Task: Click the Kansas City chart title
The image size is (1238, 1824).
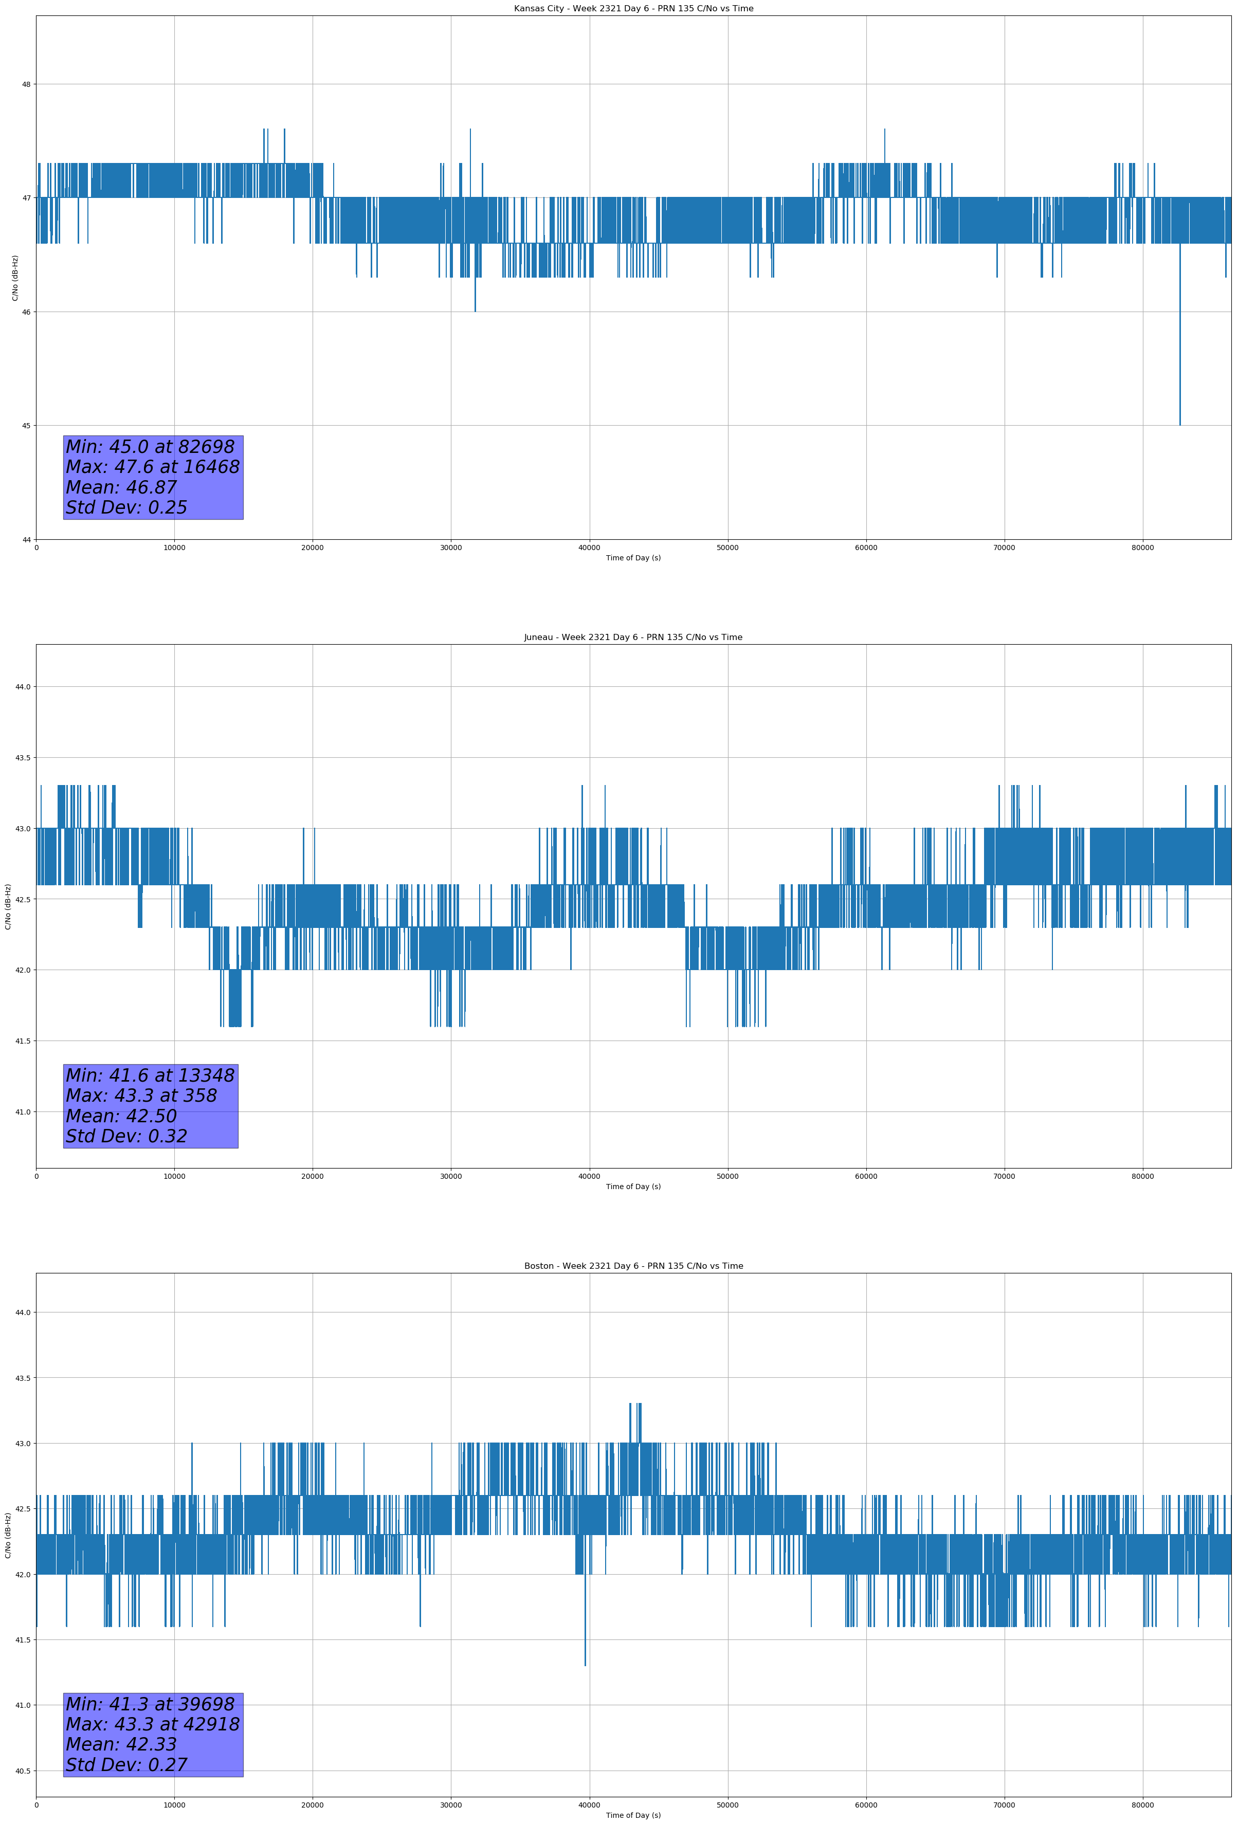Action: pyautogui.click(x=633, y=9)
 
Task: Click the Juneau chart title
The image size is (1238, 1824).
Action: pyautogui.click(x=633, y=637)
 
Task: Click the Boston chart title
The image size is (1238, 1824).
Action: pyautogui.click(x=633, y=1266)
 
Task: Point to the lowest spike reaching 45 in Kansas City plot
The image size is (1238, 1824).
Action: pyautogui.click(x=1179, y=422)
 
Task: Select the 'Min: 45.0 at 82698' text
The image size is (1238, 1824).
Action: pyautogui.click(x=150, y=447)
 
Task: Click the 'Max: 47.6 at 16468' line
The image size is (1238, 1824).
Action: pyautogui.click(x=152, y=467)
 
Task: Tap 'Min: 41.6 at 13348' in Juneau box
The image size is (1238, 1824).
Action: pyautogui.click(x=150, y=1075)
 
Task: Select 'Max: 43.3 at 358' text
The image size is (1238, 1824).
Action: pyautogui.click(x=141, y=1096)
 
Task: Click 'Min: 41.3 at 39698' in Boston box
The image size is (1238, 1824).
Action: pyautogui.click(x=150, y=1704)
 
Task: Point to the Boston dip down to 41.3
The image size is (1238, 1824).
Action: pyautogui.click(x=585, y=1663)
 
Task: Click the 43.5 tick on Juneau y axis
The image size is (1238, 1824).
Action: pyautogui.click(x=22, y=757)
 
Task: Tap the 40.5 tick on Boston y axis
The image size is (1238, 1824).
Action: pyautogui.click(x=22, y=1771)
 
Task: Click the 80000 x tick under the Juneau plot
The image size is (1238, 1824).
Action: pyautogui.click(x=1142, y=1176)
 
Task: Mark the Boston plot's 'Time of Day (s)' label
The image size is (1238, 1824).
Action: pyautogui.click(x=633, y=1815)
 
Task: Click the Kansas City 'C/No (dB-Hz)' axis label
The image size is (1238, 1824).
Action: pyautogui.click(x=15, y=278)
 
